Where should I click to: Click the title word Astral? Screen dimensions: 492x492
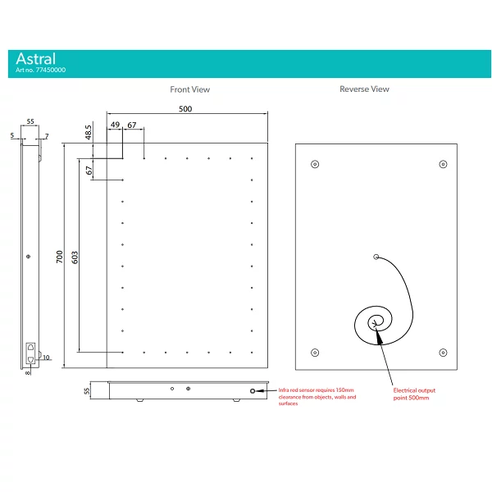(36, 59)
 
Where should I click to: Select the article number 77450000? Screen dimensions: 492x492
(51, 70)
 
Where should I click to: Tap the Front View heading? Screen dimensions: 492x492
(190, 89)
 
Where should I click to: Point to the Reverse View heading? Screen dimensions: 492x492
(364, 89)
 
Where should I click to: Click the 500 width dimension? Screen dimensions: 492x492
(185, 109)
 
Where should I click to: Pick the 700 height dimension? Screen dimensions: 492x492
(60, 257)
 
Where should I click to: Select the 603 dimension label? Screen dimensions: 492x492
(75, 257)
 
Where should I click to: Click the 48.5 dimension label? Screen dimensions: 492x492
(89, 132)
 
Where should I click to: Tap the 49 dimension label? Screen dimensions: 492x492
(115, 125)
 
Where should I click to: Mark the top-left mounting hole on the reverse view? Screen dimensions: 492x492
(315, 164)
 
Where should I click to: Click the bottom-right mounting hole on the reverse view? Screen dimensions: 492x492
(443, 353)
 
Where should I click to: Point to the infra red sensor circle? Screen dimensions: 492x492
(253, 391)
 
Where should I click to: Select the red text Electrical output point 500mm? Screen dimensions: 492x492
(414, 394)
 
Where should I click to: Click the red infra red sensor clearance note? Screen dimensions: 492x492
(317, 397)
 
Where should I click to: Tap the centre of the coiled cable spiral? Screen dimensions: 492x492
(375, 323)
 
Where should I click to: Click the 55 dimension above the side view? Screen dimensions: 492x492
(30, 121)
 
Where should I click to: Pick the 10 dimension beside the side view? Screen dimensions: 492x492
(46, 358)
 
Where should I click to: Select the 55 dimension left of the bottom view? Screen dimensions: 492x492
(87, 391)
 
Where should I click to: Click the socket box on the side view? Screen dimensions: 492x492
(30, 353)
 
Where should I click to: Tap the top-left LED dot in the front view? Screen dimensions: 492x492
(123, 158)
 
